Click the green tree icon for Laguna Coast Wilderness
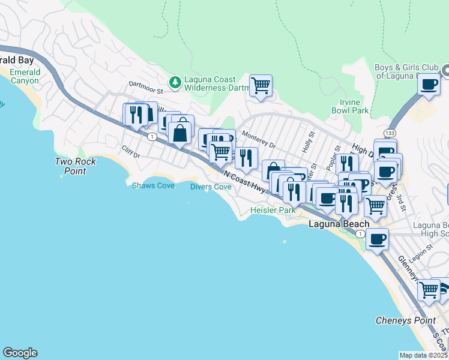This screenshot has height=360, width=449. click(x=175, y=81)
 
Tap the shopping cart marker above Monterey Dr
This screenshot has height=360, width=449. click(x=261, y=85)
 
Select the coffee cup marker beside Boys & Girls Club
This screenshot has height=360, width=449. click(x=429, y=85)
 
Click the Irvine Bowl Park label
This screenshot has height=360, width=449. click(x=350, y=107)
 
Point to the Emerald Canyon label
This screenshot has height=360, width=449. click(x=25, y=76)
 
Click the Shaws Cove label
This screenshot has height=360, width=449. click(x=153, y=186)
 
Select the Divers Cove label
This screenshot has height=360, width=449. click(x=211, y=187)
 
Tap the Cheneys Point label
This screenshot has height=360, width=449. click(x=405, y=320)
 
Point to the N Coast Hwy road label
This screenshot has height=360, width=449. click(x=244, y=181)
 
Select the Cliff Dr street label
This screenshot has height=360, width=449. click(x=130, y=152)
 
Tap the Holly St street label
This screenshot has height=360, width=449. click(x=310, y=143)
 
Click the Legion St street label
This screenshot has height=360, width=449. click(x=421, y=250)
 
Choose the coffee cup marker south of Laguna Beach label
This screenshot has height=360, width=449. click(x=377, y=239)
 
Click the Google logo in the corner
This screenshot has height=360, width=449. click(x=20, y=353)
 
